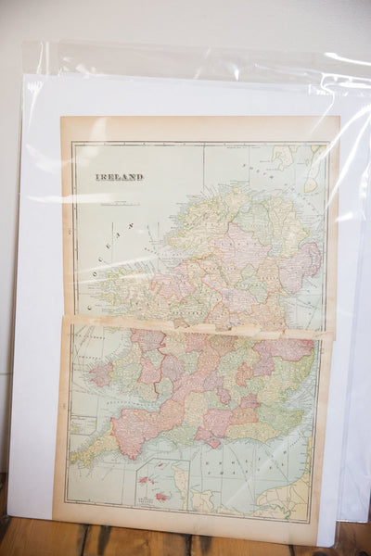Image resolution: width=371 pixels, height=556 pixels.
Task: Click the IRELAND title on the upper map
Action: click(120, 176)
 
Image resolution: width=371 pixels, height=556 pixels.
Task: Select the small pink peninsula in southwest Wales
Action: click(100, 375)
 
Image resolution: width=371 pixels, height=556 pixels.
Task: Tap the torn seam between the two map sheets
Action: click(195, 325)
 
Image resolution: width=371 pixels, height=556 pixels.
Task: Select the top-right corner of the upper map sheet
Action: click(338, 118)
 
